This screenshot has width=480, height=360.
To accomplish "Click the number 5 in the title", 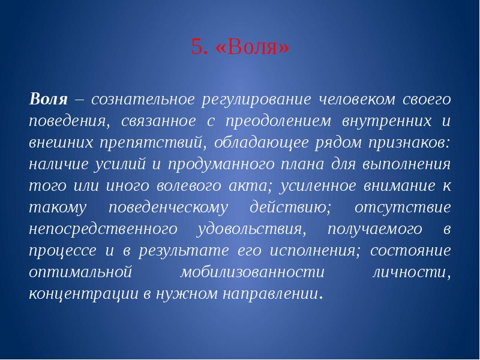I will [196, 47].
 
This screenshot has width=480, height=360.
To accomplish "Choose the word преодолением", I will [274, 121].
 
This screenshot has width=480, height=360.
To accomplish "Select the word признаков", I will [409, 143].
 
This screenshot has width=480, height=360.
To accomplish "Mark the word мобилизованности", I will [252, 273].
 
